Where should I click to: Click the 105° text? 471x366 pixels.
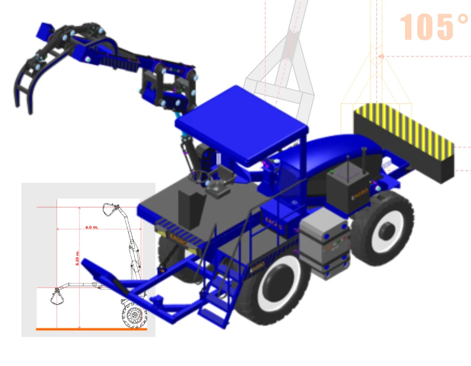(434, 27)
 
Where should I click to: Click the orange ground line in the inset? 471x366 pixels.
(92, 329)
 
